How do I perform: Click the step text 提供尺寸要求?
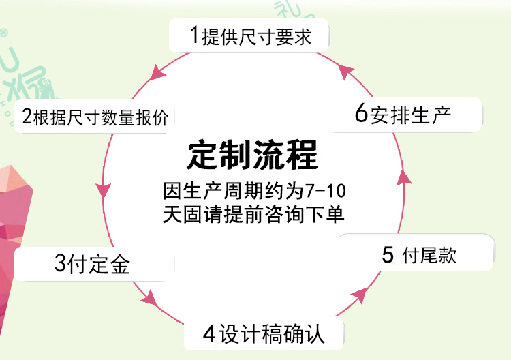click(257, 36)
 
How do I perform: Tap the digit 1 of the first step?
click(195, 35)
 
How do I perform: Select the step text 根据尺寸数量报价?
click(101, 117)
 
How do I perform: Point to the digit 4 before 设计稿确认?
click(209, 334)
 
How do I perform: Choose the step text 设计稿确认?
click(271, 333)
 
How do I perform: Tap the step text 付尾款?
click(429, 255)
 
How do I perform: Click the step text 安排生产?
click(411, 115)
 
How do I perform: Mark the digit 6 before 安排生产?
click(361, 112)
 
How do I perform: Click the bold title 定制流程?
click(253, 155)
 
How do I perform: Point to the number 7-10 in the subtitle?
click(326, 191)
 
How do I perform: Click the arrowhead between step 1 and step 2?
click(157, 73)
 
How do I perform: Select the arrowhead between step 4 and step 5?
click(360, 295)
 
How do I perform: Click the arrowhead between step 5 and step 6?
click(404, 177)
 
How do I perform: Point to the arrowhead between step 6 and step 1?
click(345, 71)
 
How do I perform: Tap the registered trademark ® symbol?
click(3, 33)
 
